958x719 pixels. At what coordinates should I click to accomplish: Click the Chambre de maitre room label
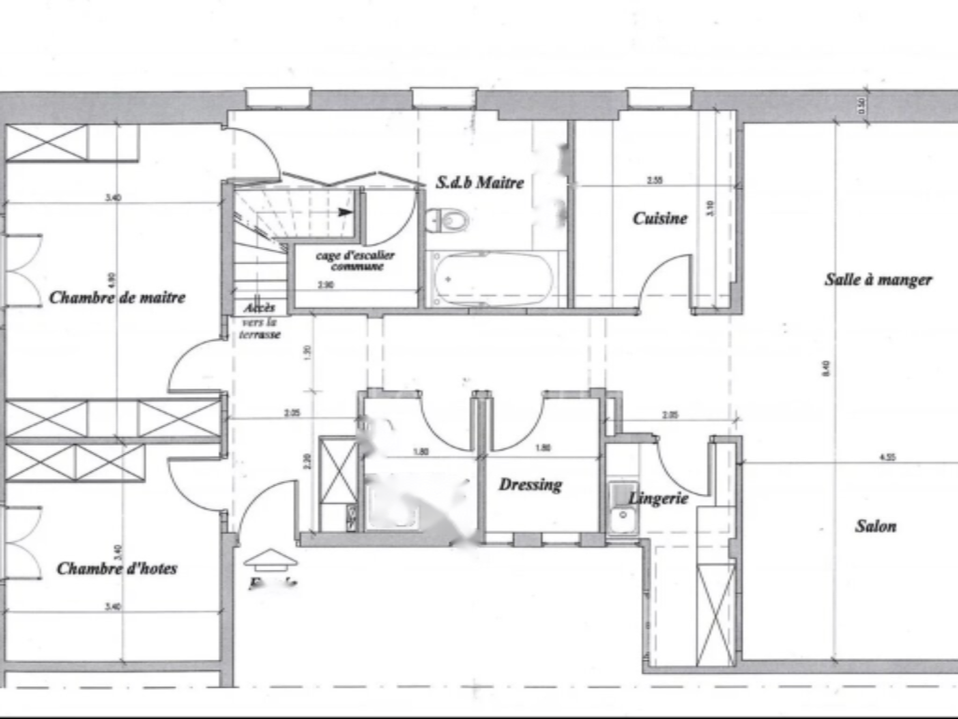(117, 298)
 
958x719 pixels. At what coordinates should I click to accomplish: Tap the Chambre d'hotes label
(117, 568)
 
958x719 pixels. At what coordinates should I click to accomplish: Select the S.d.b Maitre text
(480, 183)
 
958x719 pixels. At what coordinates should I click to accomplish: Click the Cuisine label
(660, 218)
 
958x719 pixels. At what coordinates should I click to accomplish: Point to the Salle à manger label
(878, 279)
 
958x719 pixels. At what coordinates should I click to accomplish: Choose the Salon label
(876, 526)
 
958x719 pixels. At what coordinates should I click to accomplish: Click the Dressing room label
(530, 484)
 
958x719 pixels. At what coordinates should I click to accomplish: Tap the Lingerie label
(659, 498)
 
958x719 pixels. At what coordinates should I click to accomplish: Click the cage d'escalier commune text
(356, 260)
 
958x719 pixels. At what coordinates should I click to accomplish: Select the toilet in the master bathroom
(446, 221)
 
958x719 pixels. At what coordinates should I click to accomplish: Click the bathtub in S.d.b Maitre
(491, 279)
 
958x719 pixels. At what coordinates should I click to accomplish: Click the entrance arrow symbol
(270, 559)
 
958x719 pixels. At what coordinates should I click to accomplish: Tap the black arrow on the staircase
(346, 213)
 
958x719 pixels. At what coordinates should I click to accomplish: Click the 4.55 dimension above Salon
(889, 458)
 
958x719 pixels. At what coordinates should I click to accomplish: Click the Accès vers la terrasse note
(259, 320)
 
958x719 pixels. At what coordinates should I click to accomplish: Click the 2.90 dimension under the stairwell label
(326, 284)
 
